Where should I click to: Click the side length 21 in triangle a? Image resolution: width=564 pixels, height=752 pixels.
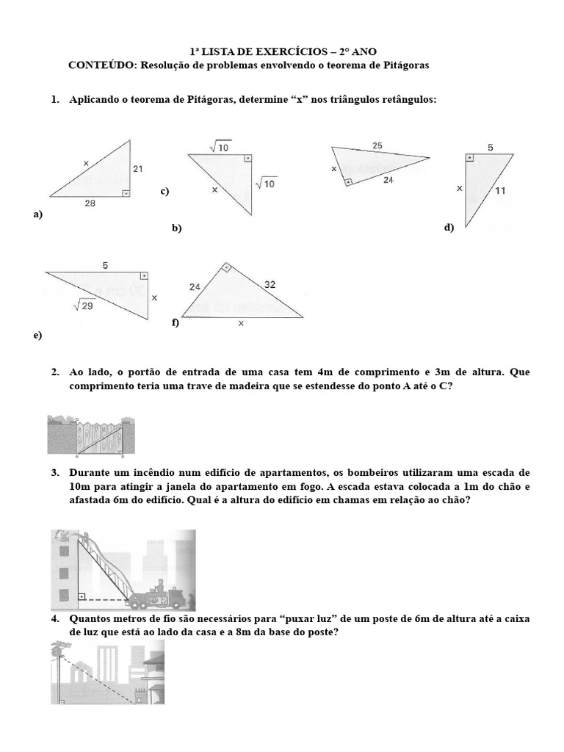coord(138,168)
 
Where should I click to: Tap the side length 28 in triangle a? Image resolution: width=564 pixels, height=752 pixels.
coord(90,204)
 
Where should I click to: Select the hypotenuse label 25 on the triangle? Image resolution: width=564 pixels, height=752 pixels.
coord(377,146)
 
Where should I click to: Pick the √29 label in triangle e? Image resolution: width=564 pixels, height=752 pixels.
coord(84,305)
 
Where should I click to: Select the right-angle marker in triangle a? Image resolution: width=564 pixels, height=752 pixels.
coord(126,192)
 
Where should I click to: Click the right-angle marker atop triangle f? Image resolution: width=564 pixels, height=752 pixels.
coord(227,268)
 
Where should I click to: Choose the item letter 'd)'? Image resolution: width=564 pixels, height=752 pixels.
coord(449,228)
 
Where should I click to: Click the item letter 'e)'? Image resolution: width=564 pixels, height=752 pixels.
coord(37,335)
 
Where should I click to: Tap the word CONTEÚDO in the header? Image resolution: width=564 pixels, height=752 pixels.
coord(100,65)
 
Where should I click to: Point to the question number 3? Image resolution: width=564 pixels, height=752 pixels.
coord(55,474)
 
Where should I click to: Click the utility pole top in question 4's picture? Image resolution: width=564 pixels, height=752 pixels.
coord(57,648)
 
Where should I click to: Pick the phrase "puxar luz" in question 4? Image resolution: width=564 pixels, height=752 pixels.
coord(320,619)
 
